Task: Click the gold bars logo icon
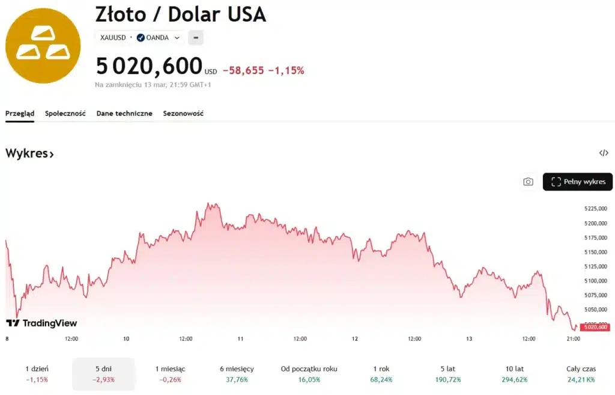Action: pyautogui.click(x=43, y=46)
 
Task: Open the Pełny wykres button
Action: pyautogui.click(x=578, y=182)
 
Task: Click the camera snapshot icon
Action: pyautogui.click(x=528, y=182)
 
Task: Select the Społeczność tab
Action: pyautogui.click(x=65, y=113)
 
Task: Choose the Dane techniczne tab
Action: pyautogui.click(x=124, y=113)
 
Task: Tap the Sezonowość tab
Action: pyautogui.click(x=183, y=113)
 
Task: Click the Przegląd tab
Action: pyautogui.click(x=20, y=113)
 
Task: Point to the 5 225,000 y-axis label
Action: pyautogui.click(x=595, y=209)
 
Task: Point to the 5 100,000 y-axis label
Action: pyautogui.click(x=595, y=281)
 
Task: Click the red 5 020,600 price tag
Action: pyautogui.click(x=595, y=327)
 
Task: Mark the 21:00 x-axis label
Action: pyautogui.click(x=574, y=338)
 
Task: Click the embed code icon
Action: pyautogui.click(x=604, y=153)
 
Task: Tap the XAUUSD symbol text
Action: pyautogui.click(x=113, y=38)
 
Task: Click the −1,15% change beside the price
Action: pyautogui.click(x=286, y=70)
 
